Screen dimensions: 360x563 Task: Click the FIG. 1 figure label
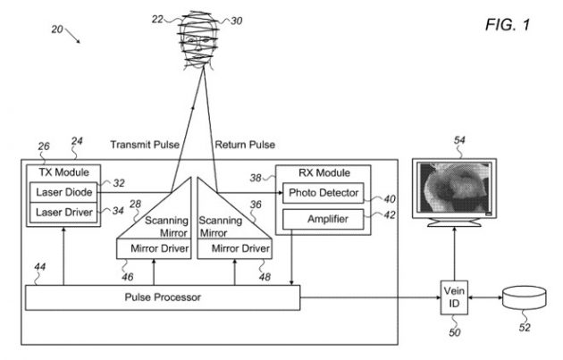coord(508,23)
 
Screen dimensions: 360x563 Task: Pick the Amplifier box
coord(321,219)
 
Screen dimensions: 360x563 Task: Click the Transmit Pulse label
coord(144,144)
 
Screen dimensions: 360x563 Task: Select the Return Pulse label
coord(245,144)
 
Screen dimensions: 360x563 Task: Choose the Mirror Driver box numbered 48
coord(234,247)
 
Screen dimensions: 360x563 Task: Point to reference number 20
coord(58,29)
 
